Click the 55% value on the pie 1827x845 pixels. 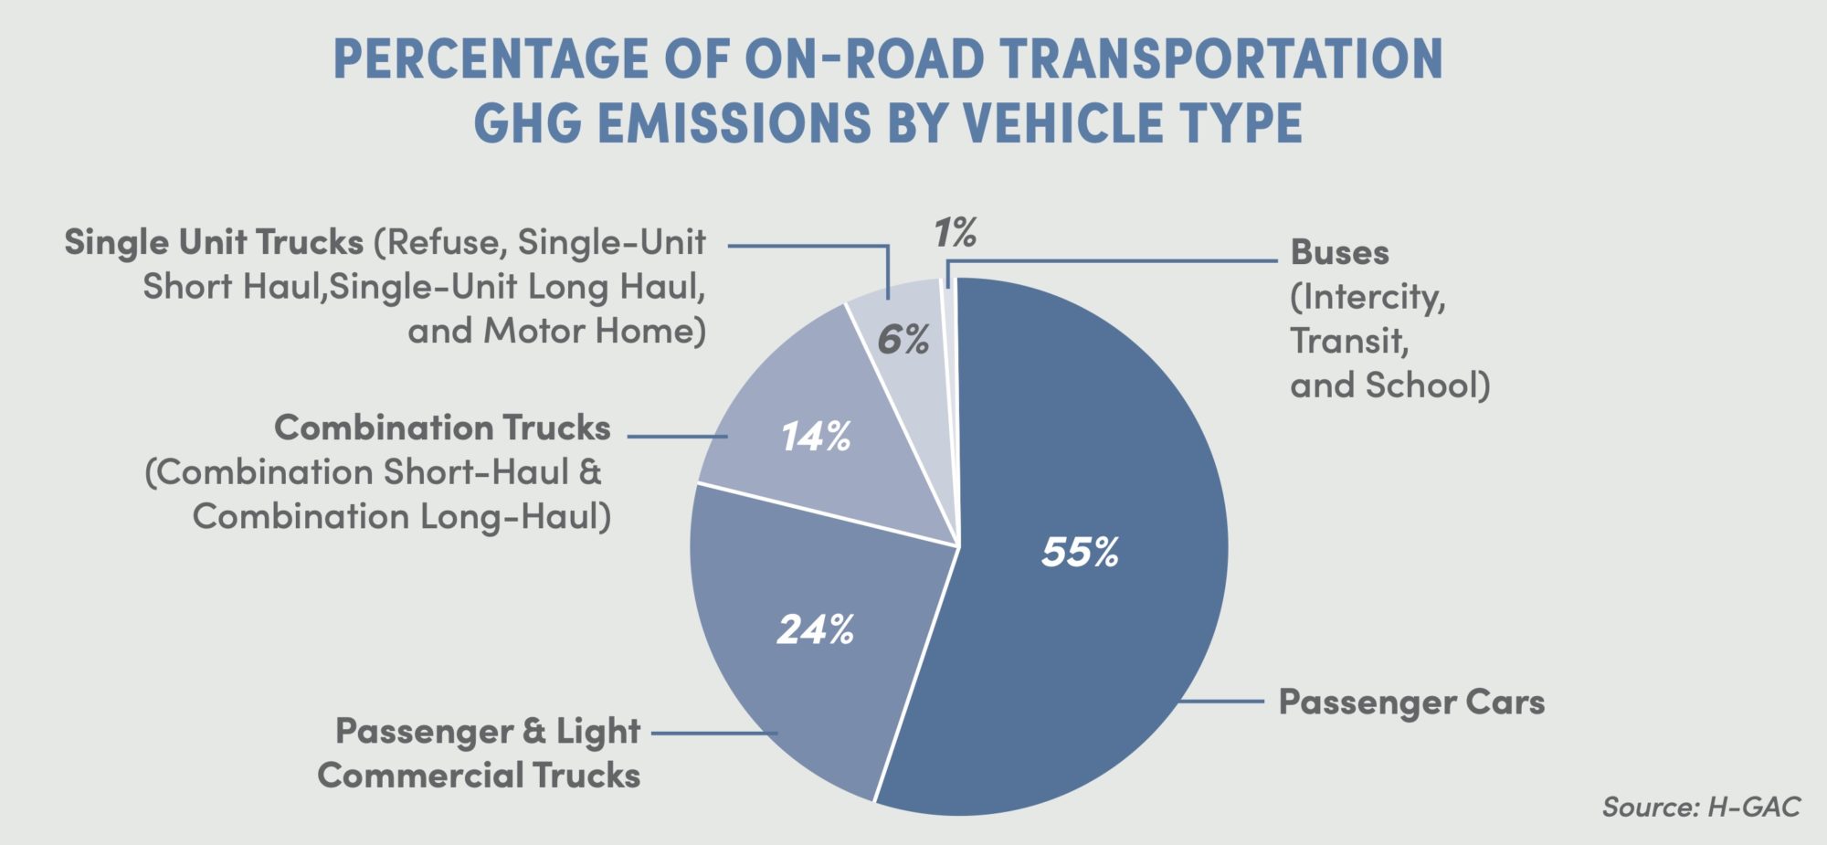point(1080,553)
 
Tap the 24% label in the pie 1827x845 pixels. point(815,629)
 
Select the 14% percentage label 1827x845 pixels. point(815,437)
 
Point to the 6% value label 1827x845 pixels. point(903,340)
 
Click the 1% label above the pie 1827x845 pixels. point(955,234)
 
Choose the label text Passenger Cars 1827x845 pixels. point(1411,702)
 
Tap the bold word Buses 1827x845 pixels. point(1339,252)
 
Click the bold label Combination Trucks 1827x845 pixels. point(442,428)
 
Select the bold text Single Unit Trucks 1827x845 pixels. point(214,242)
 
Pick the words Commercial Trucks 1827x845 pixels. point(479,775)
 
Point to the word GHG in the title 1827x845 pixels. point(527,122)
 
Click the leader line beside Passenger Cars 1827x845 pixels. point(1220,702)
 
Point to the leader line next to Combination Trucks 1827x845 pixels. point(677,437)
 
